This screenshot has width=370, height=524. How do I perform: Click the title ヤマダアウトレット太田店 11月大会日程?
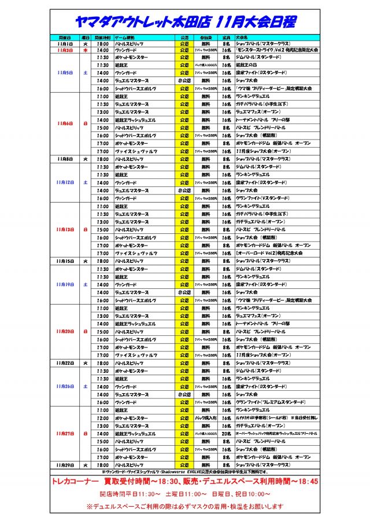tap(185, 22)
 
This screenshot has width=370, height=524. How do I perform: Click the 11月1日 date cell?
tap(65, 43)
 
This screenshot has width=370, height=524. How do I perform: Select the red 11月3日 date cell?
tap(65, 50)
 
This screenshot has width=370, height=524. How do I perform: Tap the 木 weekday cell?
tap(85, 50)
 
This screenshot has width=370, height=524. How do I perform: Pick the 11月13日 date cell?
tap(65, 229)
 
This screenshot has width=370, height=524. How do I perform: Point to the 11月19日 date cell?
tap(65, 284)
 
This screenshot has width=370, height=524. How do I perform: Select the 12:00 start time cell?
tap(103, 417)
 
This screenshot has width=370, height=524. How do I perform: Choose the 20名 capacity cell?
tap(226, 433)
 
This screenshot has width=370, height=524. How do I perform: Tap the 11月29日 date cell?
tap(65, 464)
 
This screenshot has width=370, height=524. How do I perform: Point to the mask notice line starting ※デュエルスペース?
tap(185, 506)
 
